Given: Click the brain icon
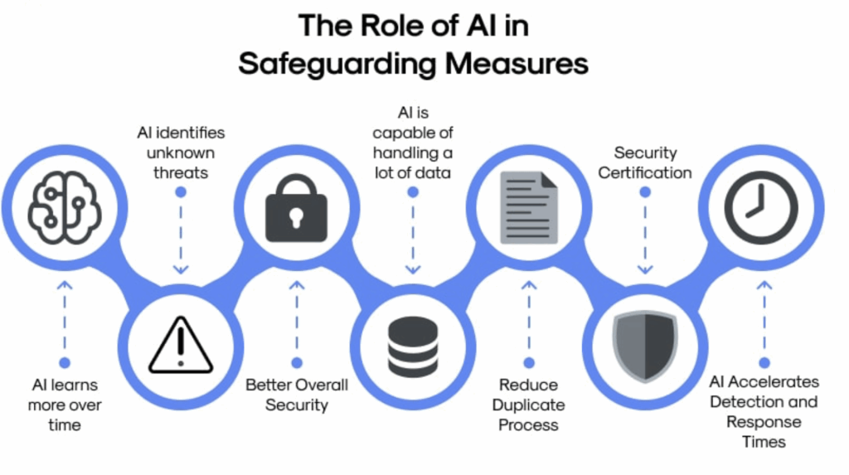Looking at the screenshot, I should (64, 207).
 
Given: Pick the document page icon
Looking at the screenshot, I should (528, 206).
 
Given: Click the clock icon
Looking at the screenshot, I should (760, 207).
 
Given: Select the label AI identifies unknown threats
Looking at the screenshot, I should (181, 153).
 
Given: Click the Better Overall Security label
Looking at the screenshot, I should (297, 395).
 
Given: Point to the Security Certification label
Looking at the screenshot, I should (645, 162).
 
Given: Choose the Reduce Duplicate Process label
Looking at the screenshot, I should (528, 405).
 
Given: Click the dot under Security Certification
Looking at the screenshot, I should (645, 192).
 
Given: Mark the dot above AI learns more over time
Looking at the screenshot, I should (65, 362).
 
